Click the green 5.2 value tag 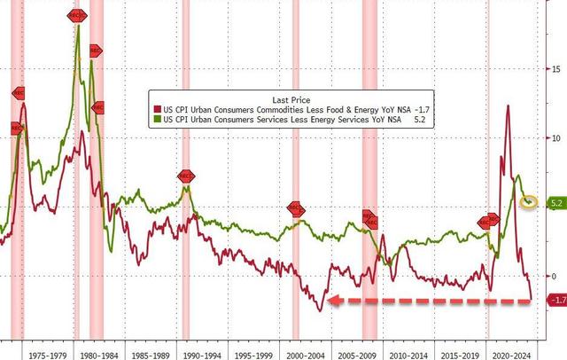coord(557,203)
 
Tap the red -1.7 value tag coord(557,301)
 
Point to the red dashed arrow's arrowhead coord(329,301)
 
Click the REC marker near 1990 coord(186,176)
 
